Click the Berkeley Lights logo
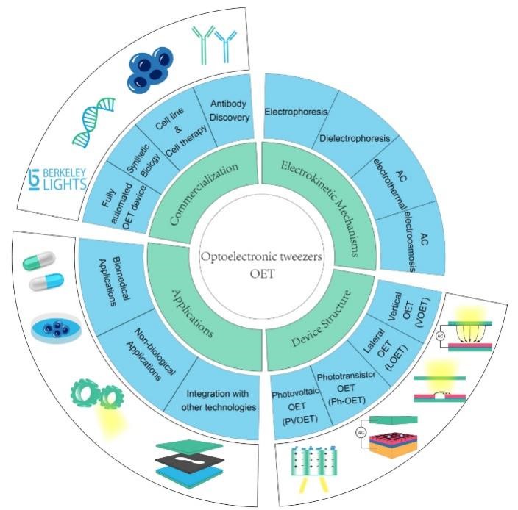click(57, 178)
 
